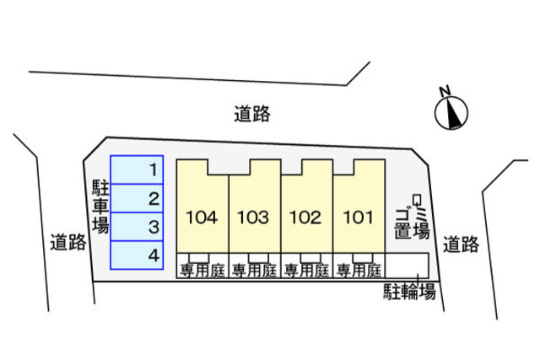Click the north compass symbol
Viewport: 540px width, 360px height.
coord(451,111)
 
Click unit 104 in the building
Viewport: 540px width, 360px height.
coord(201,218)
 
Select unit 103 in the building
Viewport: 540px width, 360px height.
coord(253,218)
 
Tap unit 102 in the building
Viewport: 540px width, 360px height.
coord(305,218)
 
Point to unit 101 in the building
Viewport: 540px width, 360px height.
coord(358,218)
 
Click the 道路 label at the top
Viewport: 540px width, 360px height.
coord(252,113)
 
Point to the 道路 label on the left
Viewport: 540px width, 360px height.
coord(67,243)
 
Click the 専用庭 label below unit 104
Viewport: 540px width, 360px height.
coord(201,271)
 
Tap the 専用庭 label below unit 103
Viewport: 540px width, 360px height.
coord(253,271)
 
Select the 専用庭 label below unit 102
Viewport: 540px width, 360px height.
coord(305,271)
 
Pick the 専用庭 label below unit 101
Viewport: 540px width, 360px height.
coord(358,271)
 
